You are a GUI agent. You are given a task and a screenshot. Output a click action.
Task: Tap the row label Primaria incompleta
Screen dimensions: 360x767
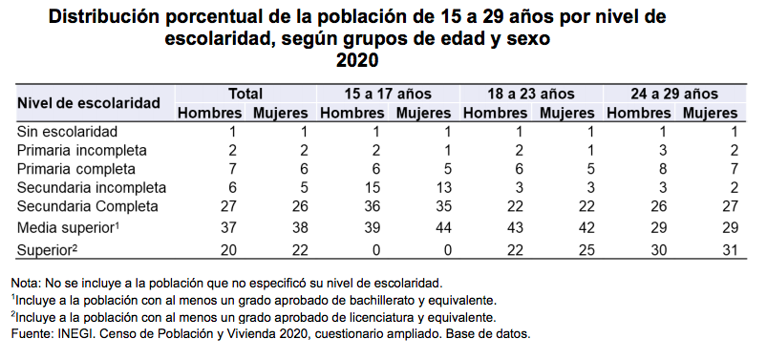click(x=82, y=150)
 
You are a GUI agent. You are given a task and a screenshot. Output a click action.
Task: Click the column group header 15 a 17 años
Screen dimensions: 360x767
click(x=388, y=94)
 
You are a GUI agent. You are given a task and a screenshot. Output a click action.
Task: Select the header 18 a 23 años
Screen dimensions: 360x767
click(x=531, y=94)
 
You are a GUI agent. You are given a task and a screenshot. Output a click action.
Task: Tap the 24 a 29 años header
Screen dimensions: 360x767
click(x=674, y=94)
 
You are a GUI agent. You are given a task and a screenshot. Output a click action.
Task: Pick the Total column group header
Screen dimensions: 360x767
click(x=245, y=94)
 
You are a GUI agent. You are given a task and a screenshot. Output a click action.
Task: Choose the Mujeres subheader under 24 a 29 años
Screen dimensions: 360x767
click(x=711, y=114)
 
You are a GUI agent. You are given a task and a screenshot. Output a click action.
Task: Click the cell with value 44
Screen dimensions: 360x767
click(x=444, y=227)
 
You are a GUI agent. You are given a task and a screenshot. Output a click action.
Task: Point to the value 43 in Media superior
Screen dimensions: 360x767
click(x=519, y=227)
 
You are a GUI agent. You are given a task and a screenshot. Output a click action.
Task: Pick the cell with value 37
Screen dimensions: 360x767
click(x=232, y=227)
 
